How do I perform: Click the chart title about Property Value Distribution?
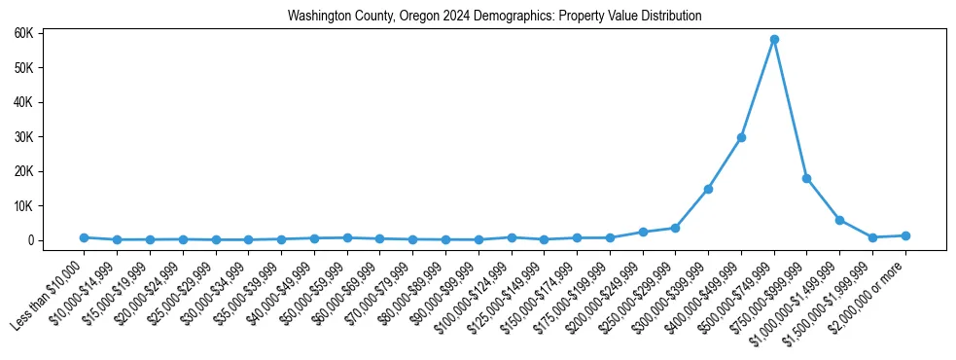[494, 17]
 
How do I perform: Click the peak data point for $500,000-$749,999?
[774, 40]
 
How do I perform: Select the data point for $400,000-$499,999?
[741, 137]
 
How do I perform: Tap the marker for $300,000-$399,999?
[708, 189]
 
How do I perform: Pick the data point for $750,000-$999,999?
[806, 178]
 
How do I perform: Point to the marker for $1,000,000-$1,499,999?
[839, 220]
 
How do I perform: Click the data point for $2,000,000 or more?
[905, 235]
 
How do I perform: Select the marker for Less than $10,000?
[84, 237]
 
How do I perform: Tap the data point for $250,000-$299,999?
[675, 228]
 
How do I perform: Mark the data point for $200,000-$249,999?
[642, 232]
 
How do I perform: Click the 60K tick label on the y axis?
[51, 33]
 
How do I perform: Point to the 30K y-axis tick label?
[51, 137]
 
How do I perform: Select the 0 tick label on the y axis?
[56, 240]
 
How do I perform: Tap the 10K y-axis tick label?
[51, 206]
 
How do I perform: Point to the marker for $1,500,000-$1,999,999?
[872, 237]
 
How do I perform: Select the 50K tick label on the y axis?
[51, 68]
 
